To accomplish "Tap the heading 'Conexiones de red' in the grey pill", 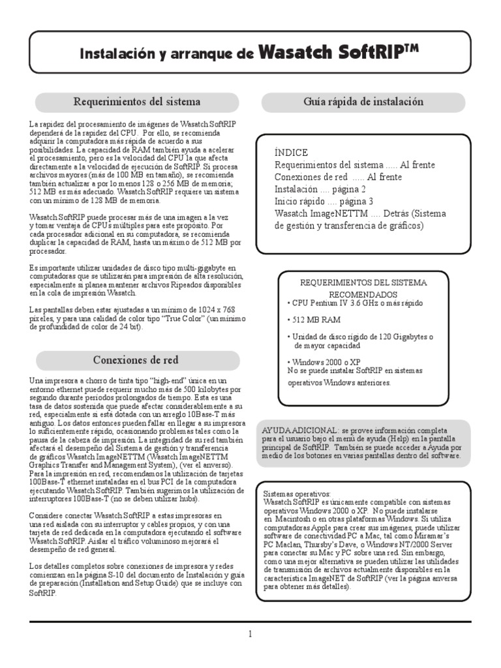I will [136, 359].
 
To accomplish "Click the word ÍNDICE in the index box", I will [291, 152].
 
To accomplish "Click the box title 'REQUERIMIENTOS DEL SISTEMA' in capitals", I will [362, 283].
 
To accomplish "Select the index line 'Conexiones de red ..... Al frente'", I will [339, 177].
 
